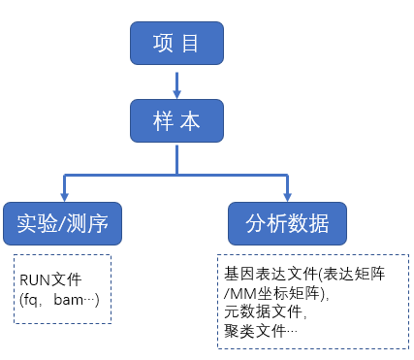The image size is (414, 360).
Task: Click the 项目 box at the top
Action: point(176,44)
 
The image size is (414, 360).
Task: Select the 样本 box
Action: point(176,120)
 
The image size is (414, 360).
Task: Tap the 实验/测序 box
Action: point(63,223)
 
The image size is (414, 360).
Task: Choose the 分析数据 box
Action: point(287,223)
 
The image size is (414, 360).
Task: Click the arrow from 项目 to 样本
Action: point(176,83)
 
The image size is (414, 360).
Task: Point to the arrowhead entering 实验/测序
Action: point(63,196)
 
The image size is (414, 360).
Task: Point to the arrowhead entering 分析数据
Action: point(287,196)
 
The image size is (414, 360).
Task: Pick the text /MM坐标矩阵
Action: point(273,294)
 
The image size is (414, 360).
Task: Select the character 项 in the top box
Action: point(163,44)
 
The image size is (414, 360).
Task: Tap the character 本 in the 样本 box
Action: point(191,120)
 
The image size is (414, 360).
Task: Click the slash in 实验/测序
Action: point(63,224)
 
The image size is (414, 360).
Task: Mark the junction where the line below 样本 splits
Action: point(176,176)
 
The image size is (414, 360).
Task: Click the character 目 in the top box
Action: point(191,44)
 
